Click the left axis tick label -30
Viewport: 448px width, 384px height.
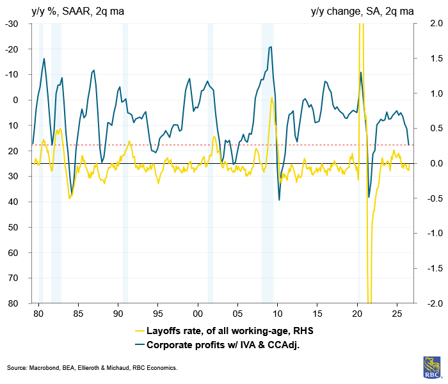point(12,24)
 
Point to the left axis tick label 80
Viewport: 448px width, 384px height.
point(13,303)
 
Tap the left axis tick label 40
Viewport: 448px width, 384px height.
point(13,202)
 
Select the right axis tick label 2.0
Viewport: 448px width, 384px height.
point(436,24)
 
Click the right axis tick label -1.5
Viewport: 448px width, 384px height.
point(435,268)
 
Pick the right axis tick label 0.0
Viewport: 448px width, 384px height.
point(436,163)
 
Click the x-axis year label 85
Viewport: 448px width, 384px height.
point(78,314)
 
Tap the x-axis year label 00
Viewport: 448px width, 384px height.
point(198,314)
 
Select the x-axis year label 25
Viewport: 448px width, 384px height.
point(397,314)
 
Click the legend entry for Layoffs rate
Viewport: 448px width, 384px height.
point(224,331)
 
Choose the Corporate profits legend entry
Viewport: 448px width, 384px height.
point(217,345)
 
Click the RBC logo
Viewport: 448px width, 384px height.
point(432,367)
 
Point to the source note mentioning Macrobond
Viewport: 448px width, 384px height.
point(92,368)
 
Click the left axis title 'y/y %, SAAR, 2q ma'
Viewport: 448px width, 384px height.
point(77,12)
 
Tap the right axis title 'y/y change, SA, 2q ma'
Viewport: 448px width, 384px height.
point(362,12)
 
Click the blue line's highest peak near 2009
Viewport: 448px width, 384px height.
point(271,47)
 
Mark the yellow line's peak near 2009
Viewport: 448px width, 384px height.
point(272,98)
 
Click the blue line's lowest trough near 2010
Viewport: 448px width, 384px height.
point(279,200)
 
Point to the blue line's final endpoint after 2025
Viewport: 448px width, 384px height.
point(409,145)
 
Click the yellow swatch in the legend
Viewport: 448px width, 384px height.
point(140,331)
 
